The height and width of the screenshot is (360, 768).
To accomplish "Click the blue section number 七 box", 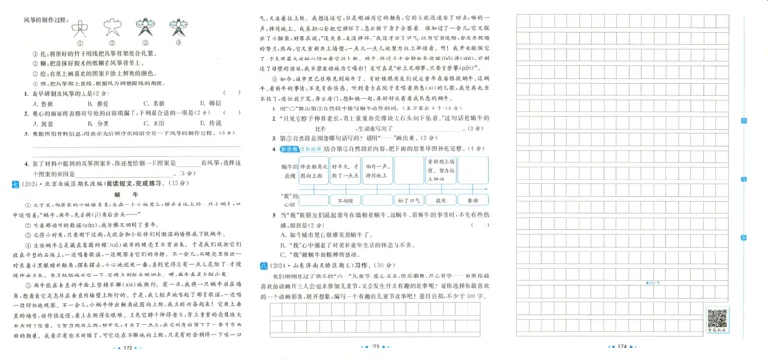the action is tap(11, 183).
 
